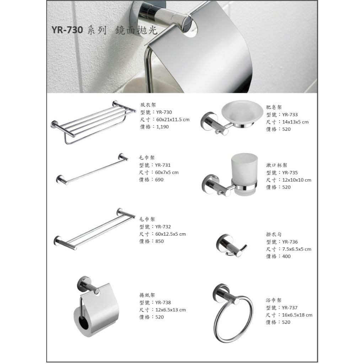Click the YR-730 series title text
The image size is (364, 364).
coord(105,30)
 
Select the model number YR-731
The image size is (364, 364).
coord(163,165)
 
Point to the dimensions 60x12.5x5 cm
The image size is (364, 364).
coord(171,234)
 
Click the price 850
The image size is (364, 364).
coord(160,241)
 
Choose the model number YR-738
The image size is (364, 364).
coord(163,303)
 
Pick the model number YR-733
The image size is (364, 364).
coord(290,114)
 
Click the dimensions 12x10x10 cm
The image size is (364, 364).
coord(297,180)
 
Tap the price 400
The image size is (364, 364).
coord(286,256)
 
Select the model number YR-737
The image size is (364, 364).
coord(290,307)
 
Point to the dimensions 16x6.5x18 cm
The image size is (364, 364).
coord(297,315)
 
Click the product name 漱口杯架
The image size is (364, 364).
coord(277,165)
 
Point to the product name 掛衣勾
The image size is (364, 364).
coord(274,235)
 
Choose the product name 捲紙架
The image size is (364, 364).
coord(147,295)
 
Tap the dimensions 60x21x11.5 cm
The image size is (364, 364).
coord(173,119)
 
